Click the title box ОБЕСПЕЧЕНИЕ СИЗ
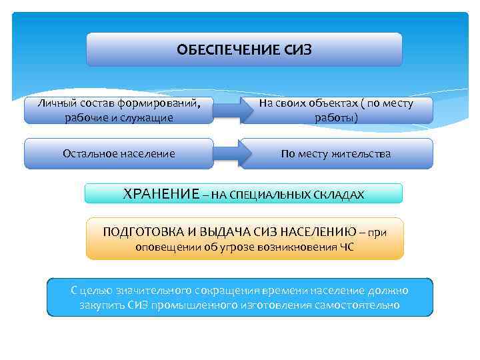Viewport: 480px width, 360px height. click(x=244, y=49)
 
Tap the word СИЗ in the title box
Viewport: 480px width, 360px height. click(x=298, y=49)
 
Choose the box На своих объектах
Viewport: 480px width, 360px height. click(x=337, y=110)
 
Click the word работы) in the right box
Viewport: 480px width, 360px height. click(x=337, y=118)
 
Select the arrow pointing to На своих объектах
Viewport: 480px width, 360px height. click(x=227, y=111)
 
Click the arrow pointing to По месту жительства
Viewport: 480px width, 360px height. click(x=227, y=153)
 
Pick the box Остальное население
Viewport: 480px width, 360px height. click(x=119, y=153)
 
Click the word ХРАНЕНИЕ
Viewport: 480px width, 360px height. click(x=161, y=194)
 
